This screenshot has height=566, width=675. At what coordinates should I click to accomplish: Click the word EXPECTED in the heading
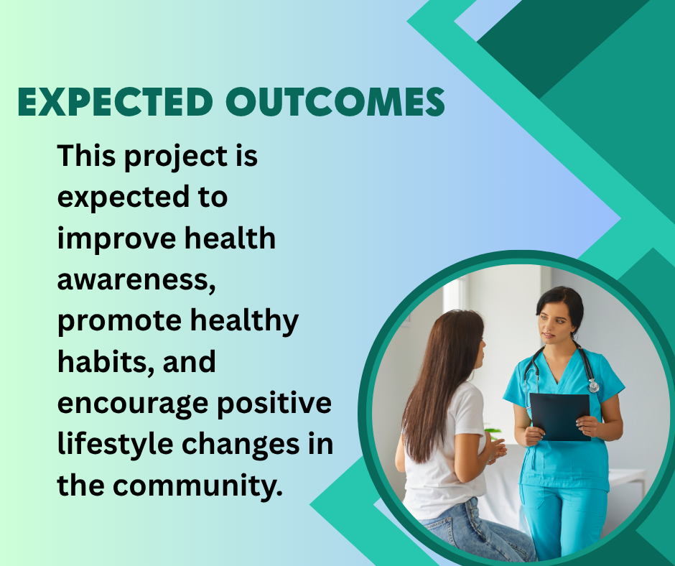pos(115,102)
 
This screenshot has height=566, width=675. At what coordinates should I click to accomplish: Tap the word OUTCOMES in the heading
pos(335,102)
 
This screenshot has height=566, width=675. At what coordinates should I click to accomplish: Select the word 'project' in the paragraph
pos(176,157)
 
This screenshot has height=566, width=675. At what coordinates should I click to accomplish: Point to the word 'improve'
pos(116,240)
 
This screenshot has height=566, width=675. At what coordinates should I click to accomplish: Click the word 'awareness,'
pos(136,280)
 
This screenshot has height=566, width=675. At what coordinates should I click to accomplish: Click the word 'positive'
pos(274,404)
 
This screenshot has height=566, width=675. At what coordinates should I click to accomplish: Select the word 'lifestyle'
pos(116,445)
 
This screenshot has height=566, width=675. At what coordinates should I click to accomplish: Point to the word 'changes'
pos(241,445)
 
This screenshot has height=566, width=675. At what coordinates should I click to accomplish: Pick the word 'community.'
pos(197,486)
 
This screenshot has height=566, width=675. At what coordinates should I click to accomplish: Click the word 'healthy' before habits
pos(244,321)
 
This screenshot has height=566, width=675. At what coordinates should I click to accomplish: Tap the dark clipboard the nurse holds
pos(559,416)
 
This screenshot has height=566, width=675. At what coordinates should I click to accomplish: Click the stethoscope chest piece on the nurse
pos(594,385)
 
